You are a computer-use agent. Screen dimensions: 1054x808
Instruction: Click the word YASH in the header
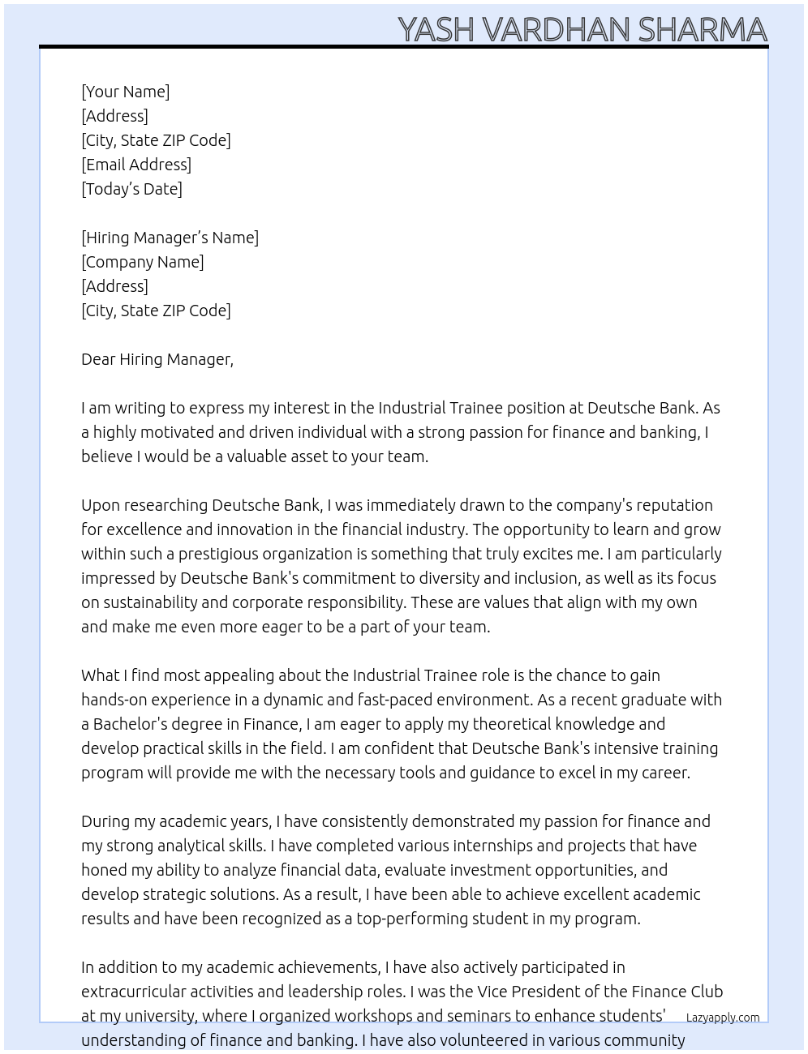436,30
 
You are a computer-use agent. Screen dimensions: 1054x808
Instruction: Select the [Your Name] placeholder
125,92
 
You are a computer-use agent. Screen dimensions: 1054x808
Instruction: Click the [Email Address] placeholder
136,165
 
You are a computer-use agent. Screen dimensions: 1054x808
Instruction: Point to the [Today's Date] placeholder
131,189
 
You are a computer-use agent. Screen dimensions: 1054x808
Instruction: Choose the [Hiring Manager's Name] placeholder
170,238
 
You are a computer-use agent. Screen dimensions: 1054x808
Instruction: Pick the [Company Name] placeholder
142,262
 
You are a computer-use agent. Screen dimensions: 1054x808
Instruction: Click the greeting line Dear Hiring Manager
157,359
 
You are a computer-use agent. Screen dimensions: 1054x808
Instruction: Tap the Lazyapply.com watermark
723,1018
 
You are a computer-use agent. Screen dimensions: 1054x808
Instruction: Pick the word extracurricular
129,992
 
